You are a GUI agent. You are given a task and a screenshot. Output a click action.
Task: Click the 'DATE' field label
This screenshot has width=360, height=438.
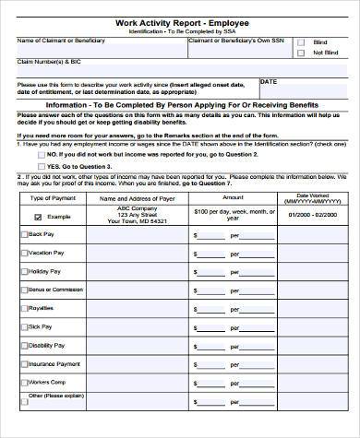(269, 81)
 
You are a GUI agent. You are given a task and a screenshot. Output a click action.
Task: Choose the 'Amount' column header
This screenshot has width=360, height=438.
(233, 198)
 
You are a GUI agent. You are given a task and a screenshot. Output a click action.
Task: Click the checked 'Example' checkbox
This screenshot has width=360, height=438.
(37, 218)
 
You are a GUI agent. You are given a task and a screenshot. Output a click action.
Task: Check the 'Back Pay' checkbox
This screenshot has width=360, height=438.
(24, 234)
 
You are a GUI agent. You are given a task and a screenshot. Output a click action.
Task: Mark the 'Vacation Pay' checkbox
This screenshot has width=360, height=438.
(24, 253)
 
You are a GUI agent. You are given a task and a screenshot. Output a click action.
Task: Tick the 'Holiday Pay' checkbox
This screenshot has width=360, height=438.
(24, 271)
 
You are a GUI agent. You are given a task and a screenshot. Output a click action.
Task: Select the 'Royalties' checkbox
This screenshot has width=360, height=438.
(24, 308)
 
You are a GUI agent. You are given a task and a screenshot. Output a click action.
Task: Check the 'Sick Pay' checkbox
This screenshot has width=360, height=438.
(24, 326)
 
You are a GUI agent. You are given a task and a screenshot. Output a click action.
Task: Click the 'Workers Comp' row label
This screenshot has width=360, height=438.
(46, 382)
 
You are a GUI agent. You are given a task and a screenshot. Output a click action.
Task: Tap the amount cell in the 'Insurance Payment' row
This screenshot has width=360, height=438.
(233, 363)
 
